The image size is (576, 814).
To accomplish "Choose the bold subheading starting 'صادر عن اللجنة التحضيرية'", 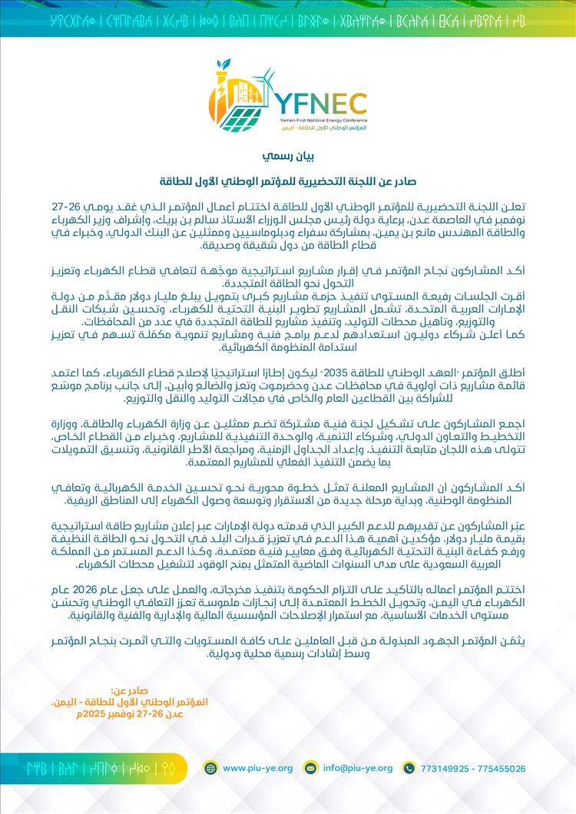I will tap(288, 183).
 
